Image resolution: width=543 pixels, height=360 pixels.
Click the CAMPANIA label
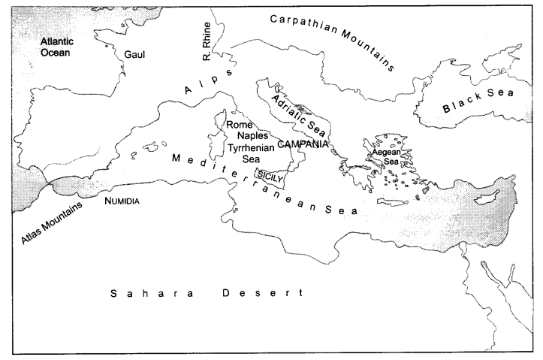[x=303, y=144]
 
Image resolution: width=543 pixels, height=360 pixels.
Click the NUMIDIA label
[x=122, y=201]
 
